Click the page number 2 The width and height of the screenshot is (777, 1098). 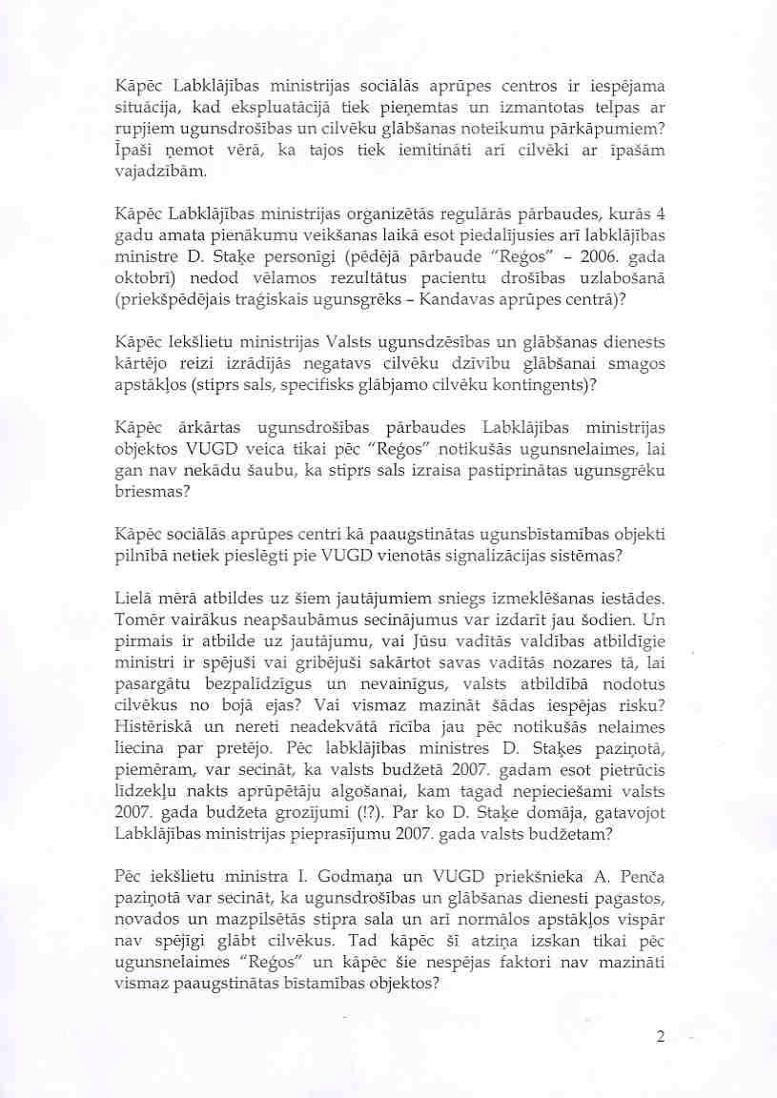(x=660, y=1037)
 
